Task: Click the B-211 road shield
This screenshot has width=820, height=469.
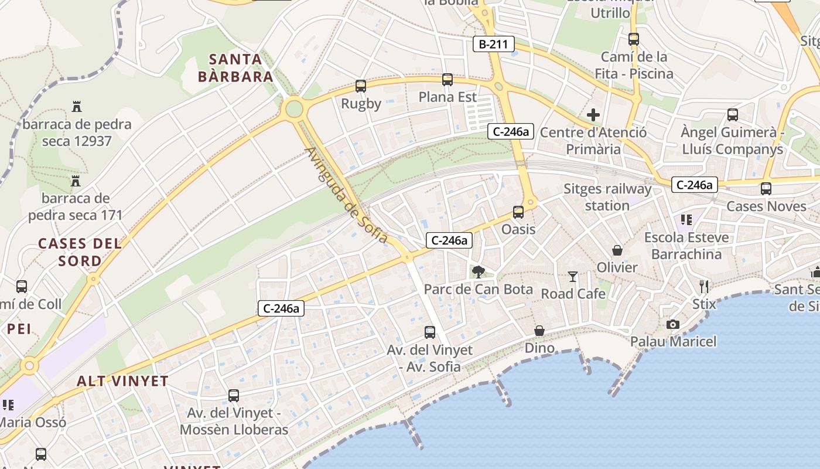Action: point(493,44)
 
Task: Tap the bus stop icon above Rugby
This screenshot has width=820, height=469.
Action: point(361,86)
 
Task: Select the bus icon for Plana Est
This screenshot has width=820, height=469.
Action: point(447,79)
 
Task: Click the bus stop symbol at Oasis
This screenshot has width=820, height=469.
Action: point(518,212)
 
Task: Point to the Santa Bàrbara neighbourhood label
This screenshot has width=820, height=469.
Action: point(235,67)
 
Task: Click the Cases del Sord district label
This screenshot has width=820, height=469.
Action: point(80,252)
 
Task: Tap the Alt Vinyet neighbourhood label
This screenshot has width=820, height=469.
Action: point(122,381)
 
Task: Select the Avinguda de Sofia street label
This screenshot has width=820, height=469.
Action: point(346,195)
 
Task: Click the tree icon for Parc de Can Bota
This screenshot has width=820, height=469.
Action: point(479,271)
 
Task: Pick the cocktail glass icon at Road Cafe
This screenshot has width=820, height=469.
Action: point(573,276)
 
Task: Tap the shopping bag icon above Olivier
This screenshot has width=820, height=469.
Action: point(617,250)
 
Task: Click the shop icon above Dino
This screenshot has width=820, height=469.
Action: point(539,331)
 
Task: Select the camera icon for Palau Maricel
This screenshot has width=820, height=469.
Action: point(673,324)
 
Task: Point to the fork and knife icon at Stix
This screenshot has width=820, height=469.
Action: point(704,287)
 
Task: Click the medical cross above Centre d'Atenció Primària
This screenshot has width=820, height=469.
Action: point(593,115)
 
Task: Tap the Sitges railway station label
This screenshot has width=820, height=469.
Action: point(607,197)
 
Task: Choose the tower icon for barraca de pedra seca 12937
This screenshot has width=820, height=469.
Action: point(77,107)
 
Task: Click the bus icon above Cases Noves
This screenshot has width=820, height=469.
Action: point(766,189)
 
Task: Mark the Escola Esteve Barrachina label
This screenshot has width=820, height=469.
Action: point(686,246)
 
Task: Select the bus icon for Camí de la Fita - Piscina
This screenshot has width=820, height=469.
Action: point(634,39)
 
